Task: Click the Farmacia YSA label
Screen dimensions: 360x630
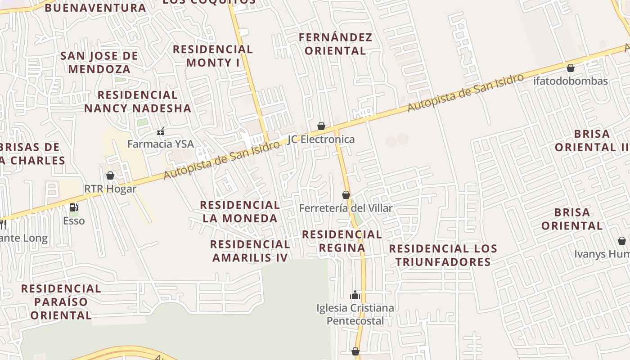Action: (x=161, y=144)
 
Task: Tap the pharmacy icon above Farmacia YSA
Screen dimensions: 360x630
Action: (x=161, y=132)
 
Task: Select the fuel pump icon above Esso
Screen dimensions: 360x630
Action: (x=74, y=207)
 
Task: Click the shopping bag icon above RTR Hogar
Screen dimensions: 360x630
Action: (x=110, y=175)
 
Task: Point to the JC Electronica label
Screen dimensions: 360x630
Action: (x=321, y=139)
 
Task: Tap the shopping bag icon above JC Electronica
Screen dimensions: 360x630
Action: (x=321, y=126)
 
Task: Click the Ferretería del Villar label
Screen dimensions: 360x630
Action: (x=346, y=208)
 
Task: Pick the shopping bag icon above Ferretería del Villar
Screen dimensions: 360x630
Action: (x=346, y=195)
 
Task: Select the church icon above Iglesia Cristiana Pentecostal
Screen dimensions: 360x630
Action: (x=355, y=295)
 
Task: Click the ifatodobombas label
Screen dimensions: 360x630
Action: (x=571, y=81)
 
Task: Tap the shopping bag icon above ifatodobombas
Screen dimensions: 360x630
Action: (x=571, y=68)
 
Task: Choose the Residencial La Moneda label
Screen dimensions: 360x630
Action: (x=240, y=211)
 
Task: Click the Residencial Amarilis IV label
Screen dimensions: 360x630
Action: (x=250, y=251)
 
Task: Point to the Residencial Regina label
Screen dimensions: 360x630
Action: (x=342, y=241)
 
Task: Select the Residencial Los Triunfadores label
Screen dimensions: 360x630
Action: (x=443, y=255)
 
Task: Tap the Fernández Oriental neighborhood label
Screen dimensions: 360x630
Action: (x=336, y=44)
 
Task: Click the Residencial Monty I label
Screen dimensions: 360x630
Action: (x=213, y=56)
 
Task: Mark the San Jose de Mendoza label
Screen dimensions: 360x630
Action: (x=99, y=63)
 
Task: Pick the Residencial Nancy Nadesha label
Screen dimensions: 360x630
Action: (x=138, y=102)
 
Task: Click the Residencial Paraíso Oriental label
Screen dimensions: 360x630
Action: (x=61, y=301)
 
